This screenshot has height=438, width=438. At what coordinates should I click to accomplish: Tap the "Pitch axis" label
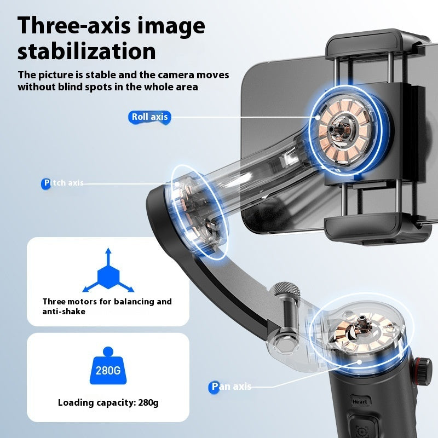(x=63, y=183)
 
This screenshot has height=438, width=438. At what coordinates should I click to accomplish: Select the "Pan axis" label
(x=232, y=387)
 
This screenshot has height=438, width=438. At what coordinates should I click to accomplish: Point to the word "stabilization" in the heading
(x=87, y=51)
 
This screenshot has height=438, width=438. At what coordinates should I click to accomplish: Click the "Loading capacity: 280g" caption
(x=108, y=403)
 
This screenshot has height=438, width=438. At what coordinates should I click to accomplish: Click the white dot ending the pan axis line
(x=360, y=361)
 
